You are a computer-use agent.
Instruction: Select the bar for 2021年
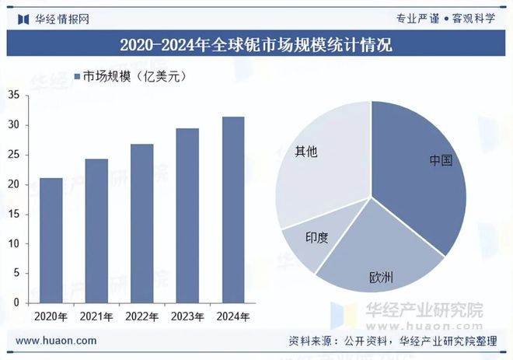coord(96,230)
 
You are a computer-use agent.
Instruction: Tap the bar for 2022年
coord(141,223)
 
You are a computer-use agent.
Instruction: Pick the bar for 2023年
coord(187,215)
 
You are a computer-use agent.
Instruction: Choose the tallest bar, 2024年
coord(233,209)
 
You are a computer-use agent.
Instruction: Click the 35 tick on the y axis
coord(13,95)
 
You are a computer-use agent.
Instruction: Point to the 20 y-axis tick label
coord(13,184)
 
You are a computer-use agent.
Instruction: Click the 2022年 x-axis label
coord(142,316)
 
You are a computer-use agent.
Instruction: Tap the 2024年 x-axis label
coord(233,316)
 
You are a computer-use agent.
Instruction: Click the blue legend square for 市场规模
coord(77,76)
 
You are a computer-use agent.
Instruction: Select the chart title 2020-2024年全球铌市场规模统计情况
coord(256,45)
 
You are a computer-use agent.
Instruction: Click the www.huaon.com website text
coord(56,341)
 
